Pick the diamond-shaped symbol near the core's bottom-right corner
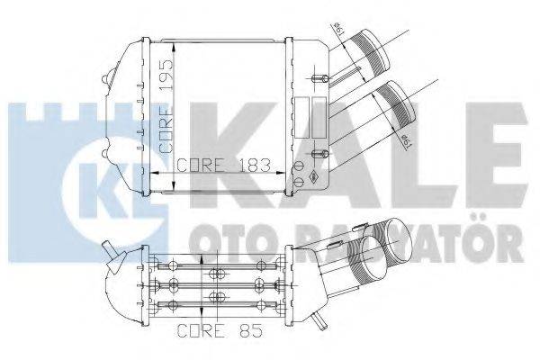[314, 176]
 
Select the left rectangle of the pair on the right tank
[302, 118]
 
